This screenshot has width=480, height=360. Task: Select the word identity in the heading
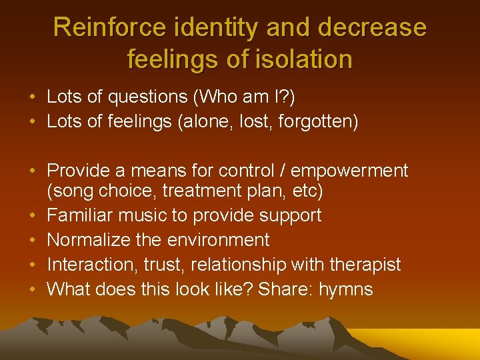[214, 27]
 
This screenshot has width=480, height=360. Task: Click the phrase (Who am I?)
[243, 97]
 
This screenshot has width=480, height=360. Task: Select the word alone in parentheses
[215, 122]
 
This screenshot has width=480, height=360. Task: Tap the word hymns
[346, 289]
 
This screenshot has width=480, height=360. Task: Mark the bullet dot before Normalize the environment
[33, 241]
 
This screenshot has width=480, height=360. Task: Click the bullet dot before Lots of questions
[33, 98]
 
